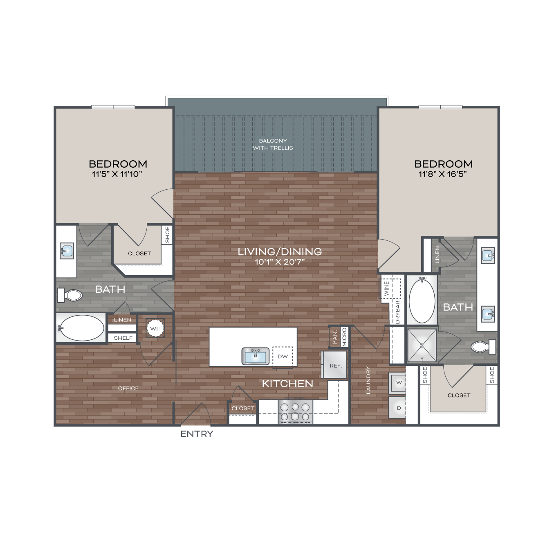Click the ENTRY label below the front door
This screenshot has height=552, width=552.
(x=197, y=434)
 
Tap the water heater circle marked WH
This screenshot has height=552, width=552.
(x=155, y=328)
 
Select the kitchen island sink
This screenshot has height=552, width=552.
(x=255, y=356)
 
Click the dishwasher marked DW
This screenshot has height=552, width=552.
(x=283, y=357)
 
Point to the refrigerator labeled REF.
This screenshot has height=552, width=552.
(x=334, y=365)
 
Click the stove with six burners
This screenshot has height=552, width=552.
(x=295, y=412)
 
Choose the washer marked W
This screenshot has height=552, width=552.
(x=397, y=383)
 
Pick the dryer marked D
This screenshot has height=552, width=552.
(x=397, y=408)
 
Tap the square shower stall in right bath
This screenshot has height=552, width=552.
(x=422, y=346)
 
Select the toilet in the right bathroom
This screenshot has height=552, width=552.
(x=483, y=347)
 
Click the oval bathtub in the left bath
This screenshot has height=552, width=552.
(x=82, y=328)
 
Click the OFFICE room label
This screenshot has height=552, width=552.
(x=128, y=388)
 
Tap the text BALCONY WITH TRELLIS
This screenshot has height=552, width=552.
(x=273, y=144)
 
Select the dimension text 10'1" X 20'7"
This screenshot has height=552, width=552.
(x=280, y=262)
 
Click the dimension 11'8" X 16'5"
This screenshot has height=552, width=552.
(x=443, y=174)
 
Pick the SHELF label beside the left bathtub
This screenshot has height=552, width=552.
(x=123, y=338)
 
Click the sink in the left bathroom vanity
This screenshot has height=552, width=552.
(x=67, y=251)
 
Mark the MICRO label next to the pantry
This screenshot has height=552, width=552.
(x=344, y=337)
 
